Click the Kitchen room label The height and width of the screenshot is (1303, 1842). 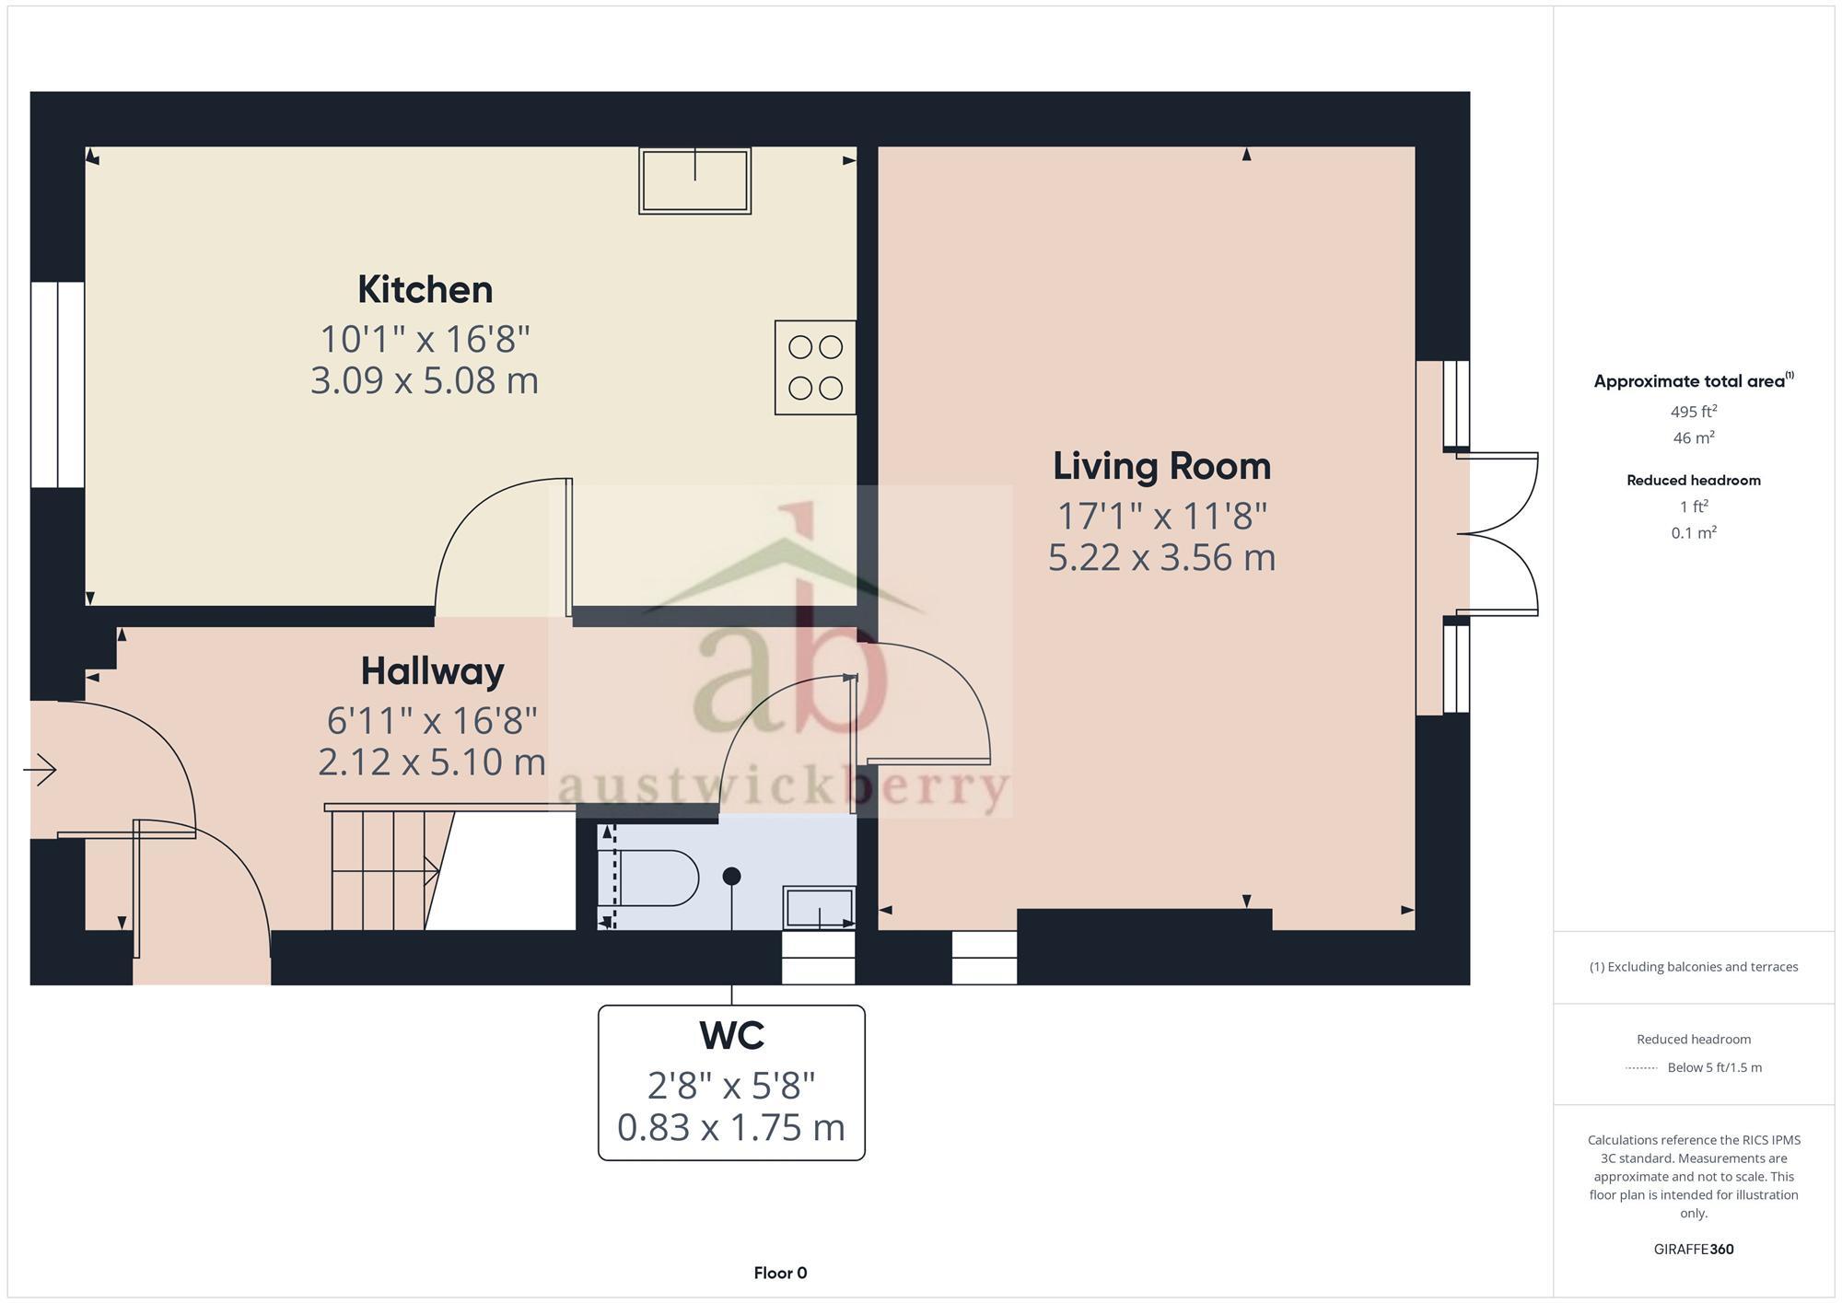tap(425, 289)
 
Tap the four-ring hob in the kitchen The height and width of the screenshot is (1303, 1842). tap(815, 367)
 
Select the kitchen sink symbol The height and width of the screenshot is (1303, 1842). tap(694, 180)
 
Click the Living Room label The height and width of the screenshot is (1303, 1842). tap(1161, 466)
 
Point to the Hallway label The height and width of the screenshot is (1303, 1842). tap(432, 670)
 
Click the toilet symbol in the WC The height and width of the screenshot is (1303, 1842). tap(649, 878)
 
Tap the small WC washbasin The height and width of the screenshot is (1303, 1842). tap(818, 907)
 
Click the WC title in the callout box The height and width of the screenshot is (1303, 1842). tap(731, 1035)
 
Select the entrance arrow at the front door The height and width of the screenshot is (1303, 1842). tap(41, 770)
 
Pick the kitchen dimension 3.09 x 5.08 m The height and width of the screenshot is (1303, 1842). tap(425, 380)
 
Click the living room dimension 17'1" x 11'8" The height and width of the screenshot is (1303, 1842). tap(1161, 517)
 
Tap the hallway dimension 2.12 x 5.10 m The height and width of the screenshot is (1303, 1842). tap(432, 762)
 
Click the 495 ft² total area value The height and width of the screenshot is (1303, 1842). tap(1693, 412)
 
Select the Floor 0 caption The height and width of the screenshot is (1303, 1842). tap(780, 1273)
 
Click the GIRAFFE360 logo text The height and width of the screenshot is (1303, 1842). tap(1693, 1249)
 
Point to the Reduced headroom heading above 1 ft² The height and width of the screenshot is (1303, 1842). tap(1693, 480)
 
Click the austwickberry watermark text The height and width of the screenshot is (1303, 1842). tap(783, 788)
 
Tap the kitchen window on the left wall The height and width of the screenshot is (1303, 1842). tap(57, 384)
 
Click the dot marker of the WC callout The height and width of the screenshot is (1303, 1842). tap(731, 876)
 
